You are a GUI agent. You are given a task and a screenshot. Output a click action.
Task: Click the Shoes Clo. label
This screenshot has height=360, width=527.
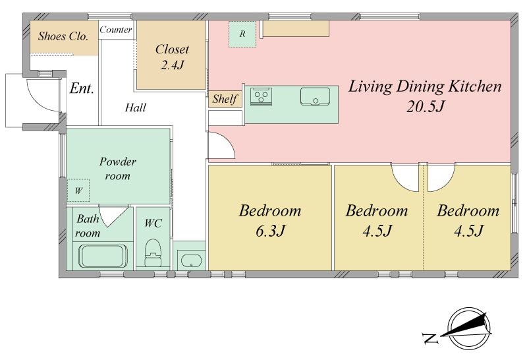pos(63,36)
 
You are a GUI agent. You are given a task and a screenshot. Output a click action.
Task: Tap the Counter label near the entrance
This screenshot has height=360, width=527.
pos(116,30)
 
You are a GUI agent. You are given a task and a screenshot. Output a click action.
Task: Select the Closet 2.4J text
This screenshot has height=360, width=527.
pos(172,57)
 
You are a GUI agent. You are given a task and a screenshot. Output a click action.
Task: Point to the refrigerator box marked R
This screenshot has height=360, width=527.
pos(242,34)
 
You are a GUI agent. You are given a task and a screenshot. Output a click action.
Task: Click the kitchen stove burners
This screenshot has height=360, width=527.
pos(261,96)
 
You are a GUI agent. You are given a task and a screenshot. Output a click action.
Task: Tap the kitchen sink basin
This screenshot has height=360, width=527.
pos(315,96)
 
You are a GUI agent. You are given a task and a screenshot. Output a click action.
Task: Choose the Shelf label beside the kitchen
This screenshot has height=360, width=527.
pos(225,99)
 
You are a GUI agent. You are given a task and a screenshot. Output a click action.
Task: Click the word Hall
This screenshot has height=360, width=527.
pos(136,107)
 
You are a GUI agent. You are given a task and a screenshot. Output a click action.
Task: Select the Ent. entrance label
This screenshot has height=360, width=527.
pos(82,88)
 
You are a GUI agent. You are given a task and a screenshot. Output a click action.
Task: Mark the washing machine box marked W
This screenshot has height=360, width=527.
pos(78,191)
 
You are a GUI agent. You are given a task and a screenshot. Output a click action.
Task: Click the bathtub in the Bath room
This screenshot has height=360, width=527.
pos(103,256)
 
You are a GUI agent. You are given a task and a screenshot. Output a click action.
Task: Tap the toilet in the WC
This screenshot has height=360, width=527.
pos(153,253)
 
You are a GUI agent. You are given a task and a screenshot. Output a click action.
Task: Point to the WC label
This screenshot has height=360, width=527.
pos(153,223)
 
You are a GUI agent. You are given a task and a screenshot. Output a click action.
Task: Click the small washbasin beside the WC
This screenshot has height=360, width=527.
pos(191,260)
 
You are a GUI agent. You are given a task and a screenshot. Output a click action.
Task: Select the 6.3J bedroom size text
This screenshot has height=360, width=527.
pos(271,231)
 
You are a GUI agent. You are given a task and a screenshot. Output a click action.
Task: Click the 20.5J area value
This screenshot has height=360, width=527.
pos(426,106)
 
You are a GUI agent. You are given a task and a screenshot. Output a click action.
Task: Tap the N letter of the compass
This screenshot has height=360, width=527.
pos(430,338)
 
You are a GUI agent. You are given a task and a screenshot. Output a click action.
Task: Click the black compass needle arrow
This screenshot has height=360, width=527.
pos(464,325)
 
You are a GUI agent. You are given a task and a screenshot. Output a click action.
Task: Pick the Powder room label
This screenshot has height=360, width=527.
pos(118,169)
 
